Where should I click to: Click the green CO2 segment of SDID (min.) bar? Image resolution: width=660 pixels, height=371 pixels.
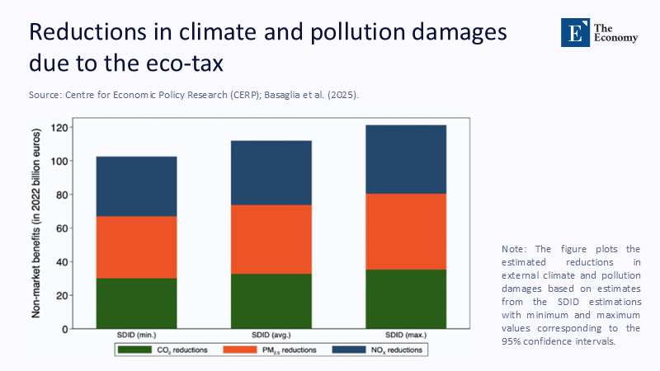point(136,303)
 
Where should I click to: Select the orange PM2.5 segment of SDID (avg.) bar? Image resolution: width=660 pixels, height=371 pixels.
point(271,239)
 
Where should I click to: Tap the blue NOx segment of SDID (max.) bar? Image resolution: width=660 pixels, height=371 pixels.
point(405,159)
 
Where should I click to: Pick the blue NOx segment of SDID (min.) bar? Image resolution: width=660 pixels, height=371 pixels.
point(136,186)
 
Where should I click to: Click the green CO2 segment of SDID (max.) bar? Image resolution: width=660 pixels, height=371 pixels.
point(405,299)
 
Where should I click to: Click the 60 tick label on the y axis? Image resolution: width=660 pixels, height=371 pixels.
point(60,228)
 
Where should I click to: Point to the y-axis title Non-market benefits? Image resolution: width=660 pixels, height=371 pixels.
point(37,223)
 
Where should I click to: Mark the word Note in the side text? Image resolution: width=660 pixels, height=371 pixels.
point(513,249)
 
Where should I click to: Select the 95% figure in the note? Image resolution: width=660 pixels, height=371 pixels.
point(511,341)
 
